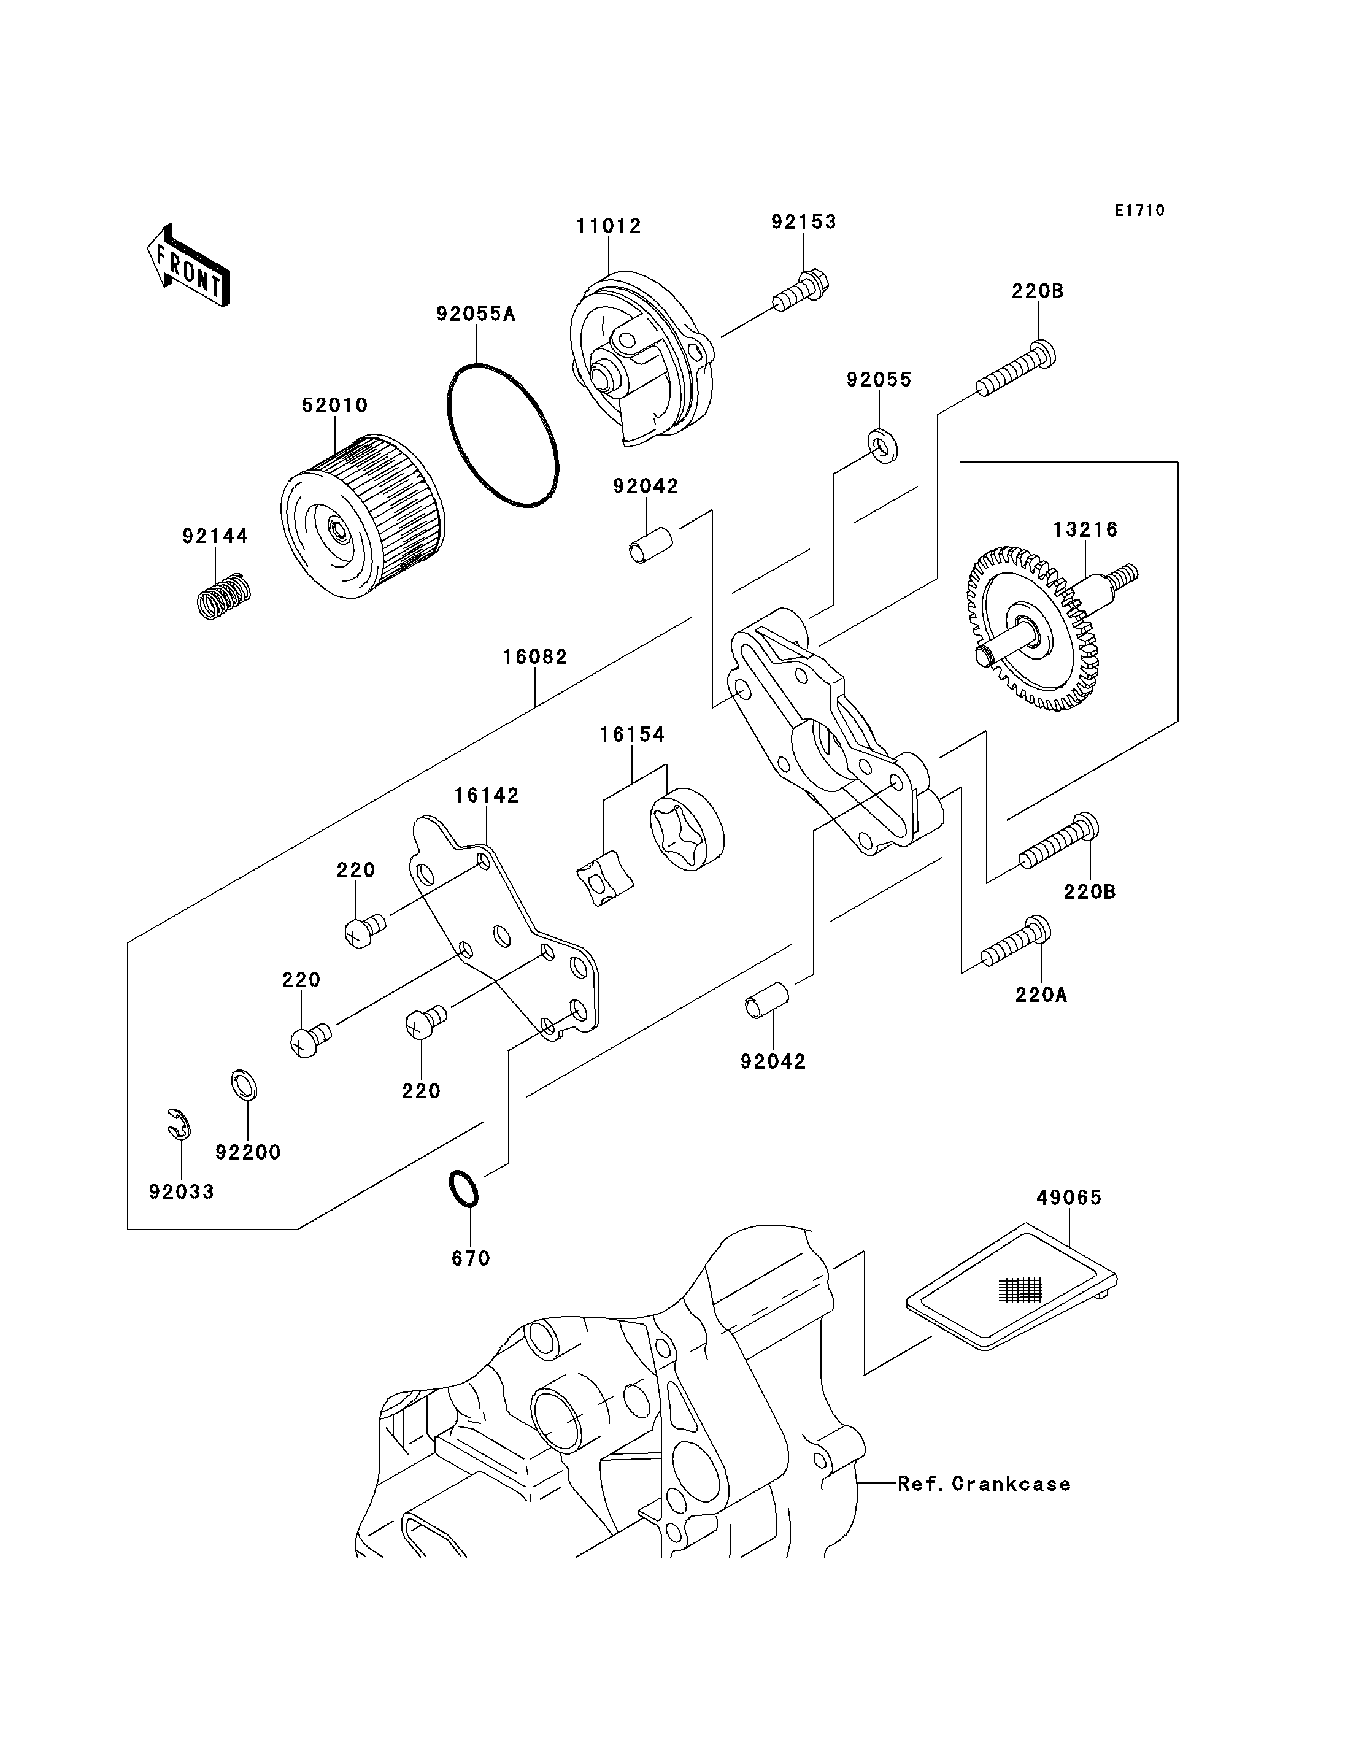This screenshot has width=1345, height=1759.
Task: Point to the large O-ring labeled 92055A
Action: coord(503,436)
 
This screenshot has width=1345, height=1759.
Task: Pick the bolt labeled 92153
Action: coord(801,292)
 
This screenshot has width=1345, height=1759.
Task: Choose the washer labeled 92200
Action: coord(244,1086)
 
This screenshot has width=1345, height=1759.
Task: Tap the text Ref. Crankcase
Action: coord(984,1484)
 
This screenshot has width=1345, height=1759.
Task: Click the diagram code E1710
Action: coord(1139,210)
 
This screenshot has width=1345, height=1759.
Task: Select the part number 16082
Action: coord(535,657)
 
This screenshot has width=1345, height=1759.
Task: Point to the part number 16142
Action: coord(486,795)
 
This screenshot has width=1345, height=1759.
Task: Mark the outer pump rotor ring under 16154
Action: coord(687,830)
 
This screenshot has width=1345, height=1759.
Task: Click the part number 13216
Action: coord(1085,529)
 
